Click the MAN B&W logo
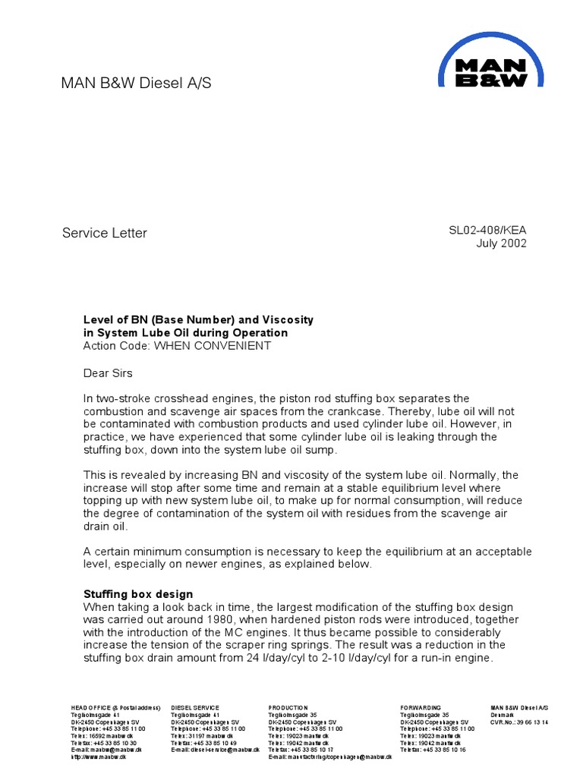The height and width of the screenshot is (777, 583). click(x=483, y=63)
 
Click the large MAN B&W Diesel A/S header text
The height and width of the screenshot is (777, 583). click(x=137, y=83)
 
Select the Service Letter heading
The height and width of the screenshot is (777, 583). click(x=104, y=233)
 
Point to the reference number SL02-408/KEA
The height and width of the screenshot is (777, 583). click(x=487, y=230)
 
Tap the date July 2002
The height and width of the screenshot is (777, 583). click(x=501, y=244)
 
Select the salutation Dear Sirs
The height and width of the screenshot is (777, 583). click(x=107, y=373)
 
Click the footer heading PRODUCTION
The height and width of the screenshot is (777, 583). click(x=288, y=707)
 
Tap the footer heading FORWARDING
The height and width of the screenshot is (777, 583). click(x=421, y=707)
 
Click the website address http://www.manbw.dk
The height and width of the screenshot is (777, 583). click(x=95, y=757)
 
